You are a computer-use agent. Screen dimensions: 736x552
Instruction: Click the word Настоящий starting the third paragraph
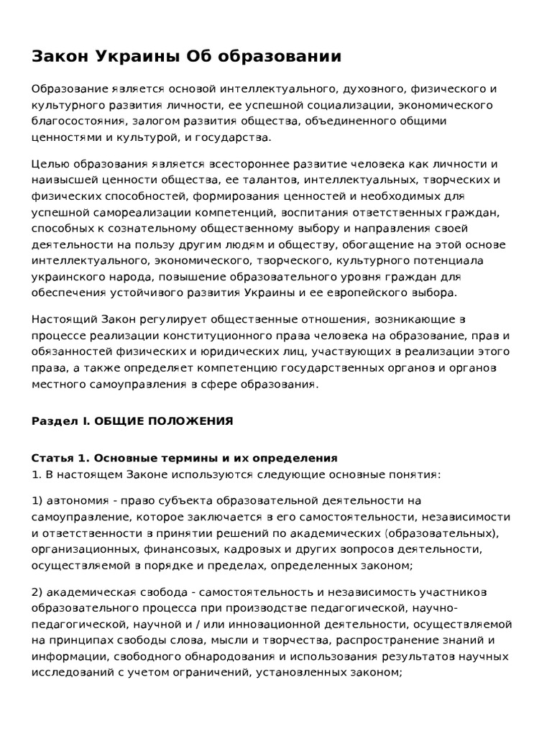[x=62, y=319]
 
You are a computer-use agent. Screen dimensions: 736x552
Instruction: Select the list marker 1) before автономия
[x=37, y=501]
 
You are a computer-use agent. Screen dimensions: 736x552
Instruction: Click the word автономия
[x=80, y=501]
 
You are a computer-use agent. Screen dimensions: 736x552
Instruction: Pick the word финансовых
[x=167, y=549]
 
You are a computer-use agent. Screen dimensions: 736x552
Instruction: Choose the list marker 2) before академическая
[x=37, y=592]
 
